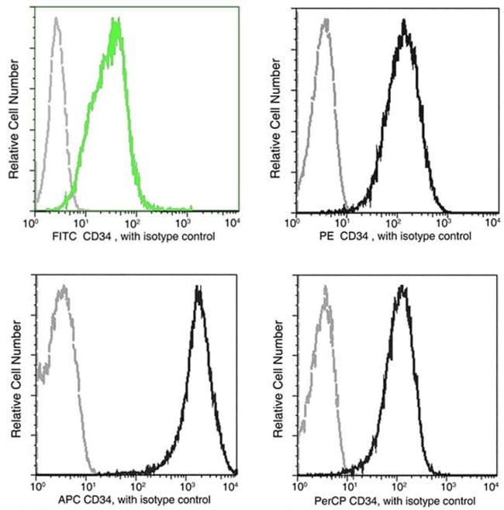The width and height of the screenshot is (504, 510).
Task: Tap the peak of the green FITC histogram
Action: pos(116,23)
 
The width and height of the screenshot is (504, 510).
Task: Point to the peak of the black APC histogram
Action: pos(199,289)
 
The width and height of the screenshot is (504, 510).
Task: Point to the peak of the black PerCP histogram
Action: pos(402,287)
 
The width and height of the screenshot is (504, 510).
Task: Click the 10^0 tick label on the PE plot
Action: pos(294,223)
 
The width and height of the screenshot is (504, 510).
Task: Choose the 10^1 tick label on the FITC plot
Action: pos(83,222)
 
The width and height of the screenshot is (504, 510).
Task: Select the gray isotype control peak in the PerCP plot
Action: pos(326,289)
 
